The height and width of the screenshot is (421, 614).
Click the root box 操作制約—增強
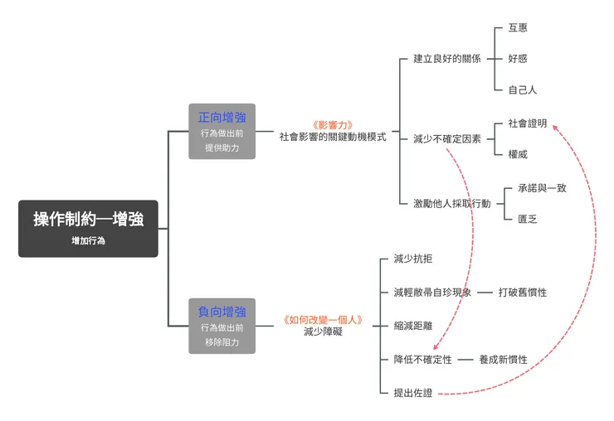pos(88,228)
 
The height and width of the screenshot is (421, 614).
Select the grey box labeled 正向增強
pos(222,131)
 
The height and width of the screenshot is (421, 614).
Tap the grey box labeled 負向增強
pos(222,326)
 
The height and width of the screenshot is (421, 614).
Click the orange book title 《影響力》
pos(333,124)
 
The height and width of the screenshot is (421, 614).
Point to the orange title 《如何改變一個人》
pos(322,319)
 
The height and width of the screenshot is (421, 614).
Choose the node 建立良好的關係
pos(446,59)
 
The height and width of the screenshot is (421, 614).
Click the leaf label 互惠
pos(517,28)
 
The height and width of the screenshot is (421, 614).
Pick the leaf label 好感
pos(517,59)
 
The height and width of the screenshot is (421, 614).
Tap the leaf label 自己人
pos(522,90)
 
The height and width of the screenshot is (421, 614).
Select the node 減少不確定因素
pos(446,139)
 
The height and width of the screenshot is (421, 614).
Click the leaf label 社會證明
pos(527,123)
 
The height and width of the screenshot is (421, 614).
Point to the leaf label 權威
pos(517,154)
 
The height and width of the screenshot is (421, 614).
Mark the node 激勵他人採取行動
pos(451,203)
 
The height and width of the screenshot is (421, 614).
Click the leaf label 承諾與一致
pos(541,188)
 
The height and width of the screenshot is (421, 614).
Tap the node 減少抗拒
pos(412,259)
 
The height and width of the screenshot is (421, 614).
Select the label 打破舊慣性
pos(522,293)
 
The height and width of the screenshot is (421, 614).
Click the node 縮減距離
pos(412,326)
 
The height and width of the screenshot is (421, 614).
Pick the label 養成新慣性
pos(503,360)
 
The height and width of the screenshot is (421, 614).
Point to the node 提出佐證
pos(412,393)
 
